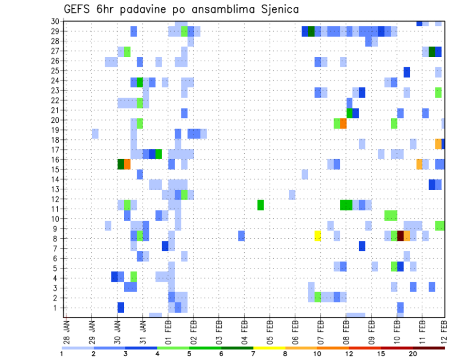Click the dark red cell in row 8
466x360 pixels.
pos(400,236)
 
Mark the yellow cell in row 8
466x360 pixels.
pos(318,236)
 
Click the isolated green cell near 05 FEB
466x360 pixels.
pos(261,205)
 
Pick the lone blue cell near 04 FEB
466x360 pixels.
pos(241,236)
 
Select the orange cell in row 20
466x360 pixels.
pos(343,124)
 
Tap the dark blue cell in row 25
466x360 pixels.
pos(407,72)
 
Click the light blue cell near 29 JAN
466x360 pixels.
pos(95,133)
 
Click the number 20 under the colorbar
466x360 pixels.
pos(413,353)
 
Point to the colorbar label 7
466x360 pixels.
pos(253,353)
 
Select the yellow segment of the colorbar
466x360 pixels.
pos(269,348)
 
